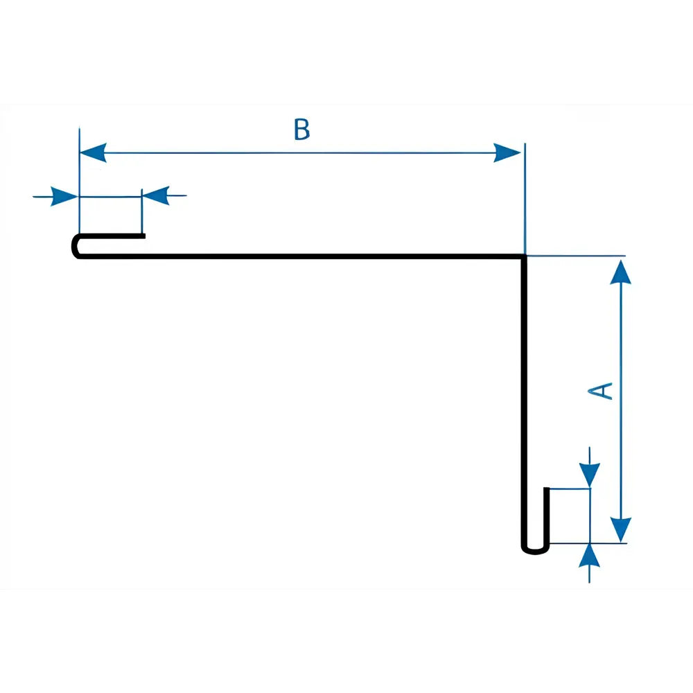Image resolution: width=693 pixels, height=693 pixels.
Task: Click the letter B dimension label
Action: coord(301,130)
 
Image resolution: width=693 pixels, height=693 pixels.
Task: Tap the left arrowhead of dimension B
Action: coord(93,152)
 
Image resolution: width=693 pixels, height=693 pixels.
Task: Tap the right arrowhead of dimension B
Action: coord(507,152)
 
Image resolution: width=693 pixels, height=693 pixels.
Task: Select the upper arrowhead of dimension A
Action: coord(622,272)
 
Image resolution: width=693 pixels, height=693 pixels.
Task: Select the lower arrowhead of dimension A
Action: coord(622,528)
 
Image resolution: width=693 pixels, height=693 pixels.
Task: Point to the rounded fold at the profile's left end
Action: coord(76,246)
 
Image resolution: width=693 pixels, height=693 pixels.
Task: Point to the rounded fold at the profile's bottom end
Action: coord(534,550)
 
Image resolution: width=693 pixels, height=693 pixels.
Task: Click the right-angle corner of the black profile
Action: coord(524,257)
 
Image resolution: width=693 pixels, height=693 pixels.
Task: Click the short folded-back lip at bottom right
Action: coord(547,516)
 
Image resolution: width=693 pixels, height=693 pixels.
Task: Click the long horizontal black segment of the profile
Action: coord(298,256)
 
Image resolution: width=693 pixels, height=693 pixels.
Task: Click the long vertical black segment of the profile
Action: coord(524,402)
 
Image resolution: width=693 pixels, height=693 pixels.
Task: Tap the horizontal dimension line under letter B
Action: coord(298,152)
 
